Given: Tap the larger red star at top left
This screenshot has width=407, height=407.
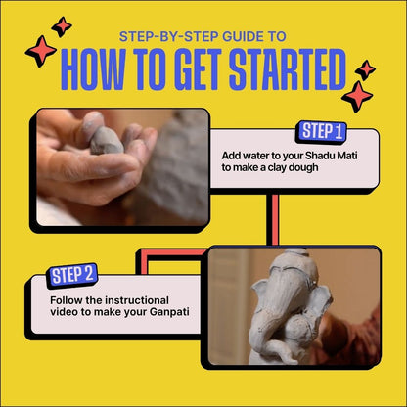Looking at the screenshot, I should (x=41, y=51).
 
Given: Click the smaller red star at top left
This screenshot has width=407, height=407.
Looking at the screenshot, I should (x=62, y=25).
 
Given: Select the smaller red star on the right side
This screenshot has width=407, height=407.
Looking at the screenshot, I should (x=365, y=69).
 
